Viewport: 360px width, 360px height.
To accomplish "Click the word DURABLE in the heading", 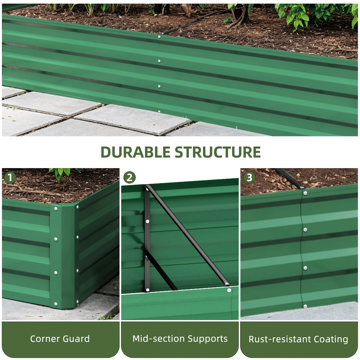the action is click(135, 152).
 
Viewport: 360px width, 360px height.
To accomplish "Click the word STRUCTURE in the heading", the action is click(218, 152).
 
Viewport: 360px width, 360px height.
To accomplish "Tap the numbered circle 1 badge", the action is click(10, 177).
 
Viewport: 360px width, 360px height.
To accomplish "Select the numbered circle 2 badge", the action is click(130, 177).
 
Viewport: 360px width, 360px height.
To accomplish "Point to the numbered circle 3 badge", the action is click(249, 177).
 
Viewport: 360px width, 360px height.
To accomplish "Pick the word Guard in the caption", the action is click(76, 339).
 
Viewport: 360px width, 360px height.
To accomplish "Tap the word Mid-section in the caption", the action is click(159, 339).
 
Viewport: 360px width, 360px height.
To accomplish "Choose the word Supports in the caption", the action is click(208, 339).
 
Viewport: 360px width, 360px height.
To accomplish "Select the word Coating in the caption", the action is click(331, 339).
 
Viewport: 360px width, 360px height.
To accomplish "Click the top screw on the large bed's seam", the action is click(159, 37).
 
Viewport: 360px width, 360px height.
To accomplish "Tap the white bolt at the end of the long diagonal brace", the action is click(229, 291).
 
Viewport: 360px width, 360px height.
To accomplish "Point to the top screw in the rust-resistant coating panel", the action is click(305, 193).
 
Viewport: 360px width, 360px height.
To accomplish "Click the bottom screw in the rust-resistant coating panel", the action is click(305, 306).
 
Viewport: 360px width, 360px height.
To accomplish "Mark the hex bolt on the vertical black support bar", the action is click(147, 221).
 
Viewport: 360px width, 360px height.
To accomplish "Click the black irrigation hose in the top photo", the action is click(183, 27).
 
